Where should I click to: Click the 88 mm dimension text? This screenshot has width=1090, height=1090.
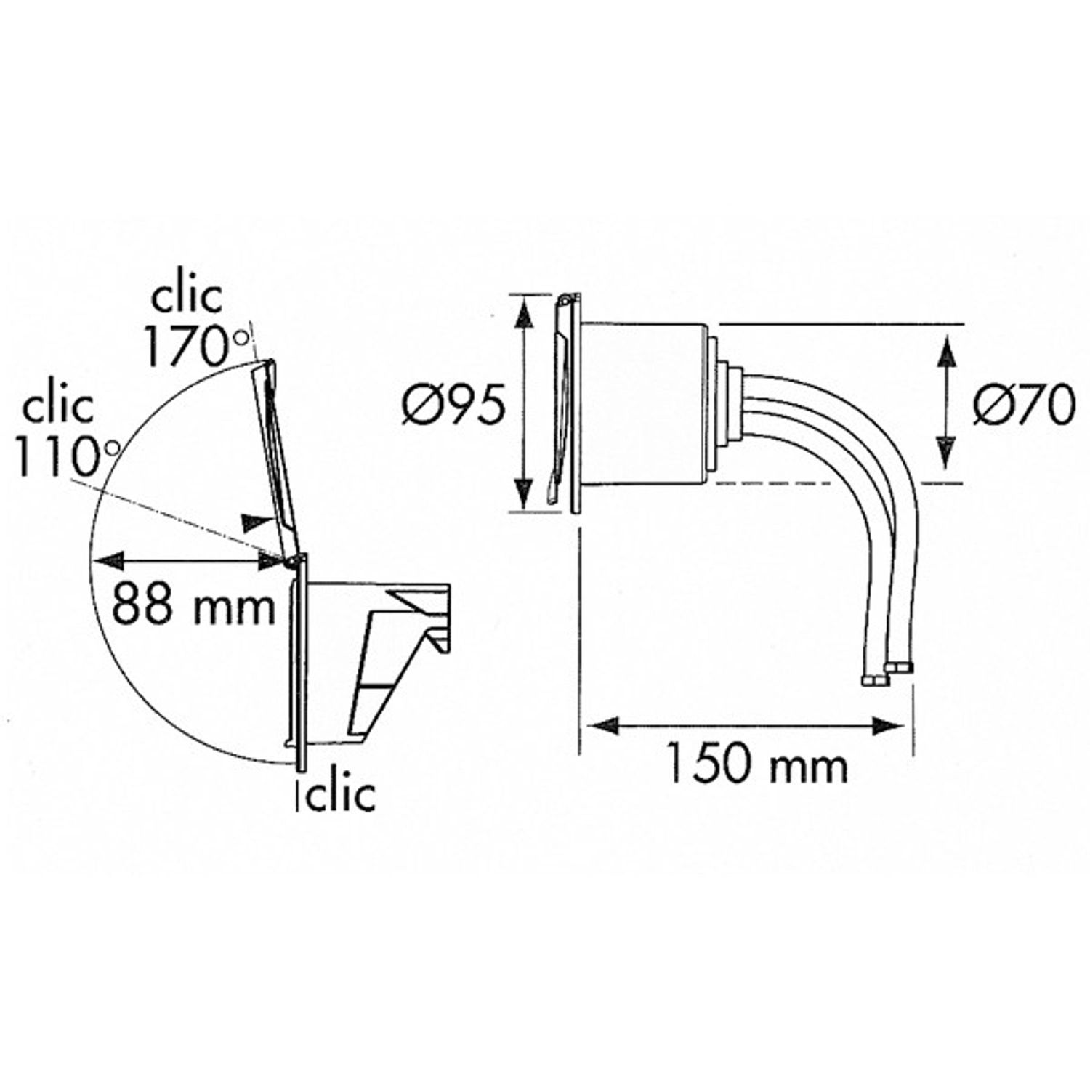tap(194, 605)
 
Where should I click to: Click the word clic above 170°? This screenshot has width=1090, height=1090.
tap(186, 296)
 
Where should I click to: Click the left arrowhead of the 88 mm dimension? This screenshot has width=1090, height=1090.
tap(105, 560)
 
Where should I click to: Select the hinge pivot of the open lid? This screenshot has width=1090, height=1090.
tap(290, 561)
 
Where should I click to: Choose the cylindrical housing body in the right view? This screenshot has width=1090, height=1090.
tap(643, 403)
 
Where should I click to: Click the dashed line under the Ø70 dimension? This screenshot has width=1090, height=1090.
tap(836, 483)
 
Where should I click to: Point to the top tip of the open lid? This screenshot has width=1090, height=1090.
tap(266, 363)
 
